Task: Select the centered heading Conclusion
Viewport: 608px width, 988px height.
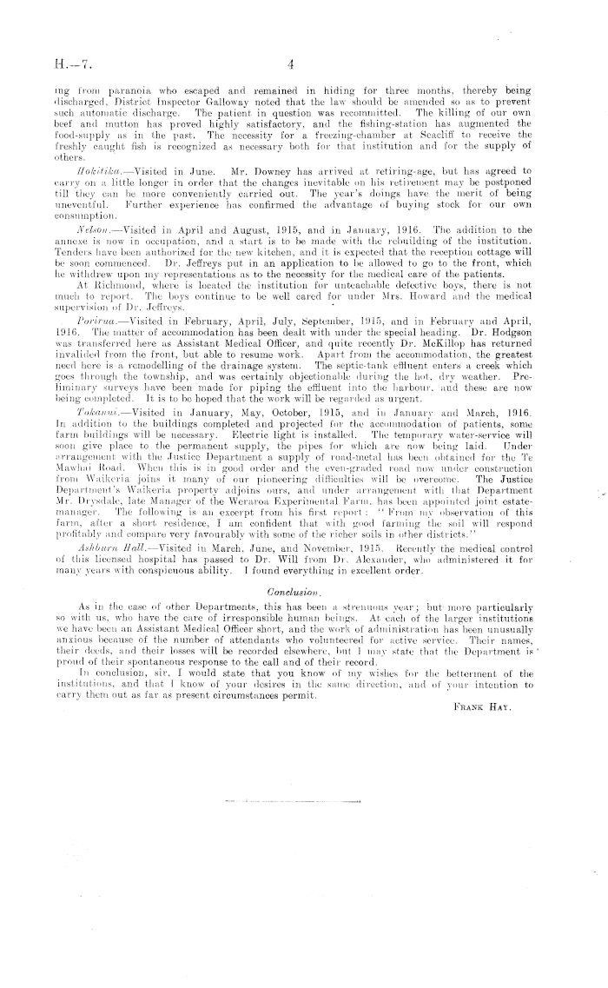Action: (x=304, y=592)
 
